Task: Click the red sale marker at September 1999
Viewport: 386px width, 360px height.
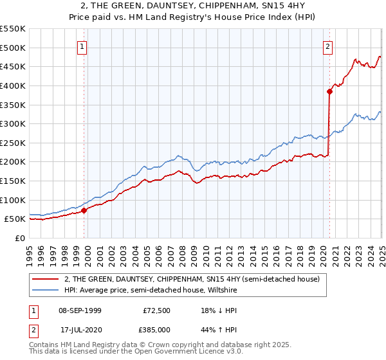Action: coord(84,210)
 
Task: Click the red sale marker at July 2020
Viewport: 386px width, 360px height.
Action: coord(329,91)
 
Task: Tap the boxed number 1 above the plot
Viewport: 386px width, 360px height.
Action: coord(83,46)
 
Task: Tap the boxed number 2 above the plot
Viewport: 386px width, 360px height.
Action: coord(328,46)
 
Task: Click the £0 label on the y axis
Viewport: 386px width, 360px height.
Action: coord(20,238)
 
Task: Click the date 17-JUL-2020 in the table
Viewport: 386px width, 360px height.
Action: coord(79,330)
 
